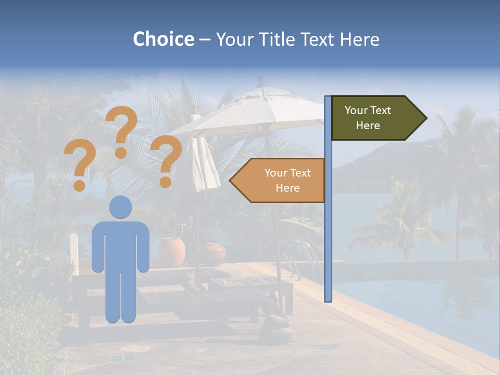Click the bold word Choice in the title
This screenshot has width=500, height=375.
pos(163,39)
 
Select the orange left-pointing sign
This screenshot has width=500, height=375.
pos(281,180)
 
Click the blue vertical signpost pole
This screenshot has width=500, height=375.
pos(328,219)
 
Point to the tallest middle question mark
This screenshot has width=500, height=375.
pos(121,130)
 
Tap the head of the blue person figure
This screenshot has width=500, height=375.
pos(121,207)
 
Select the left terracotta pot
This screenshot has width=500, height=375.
pos(172,252)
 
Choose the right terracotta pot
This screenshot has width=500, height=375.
pos(213,254)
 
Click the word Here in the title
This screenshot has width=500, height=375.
pos(359,39)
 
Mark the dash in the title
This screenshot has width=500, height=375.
pos(205,40)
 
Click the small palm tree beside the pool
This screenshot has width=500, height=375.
pos(401,224)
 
